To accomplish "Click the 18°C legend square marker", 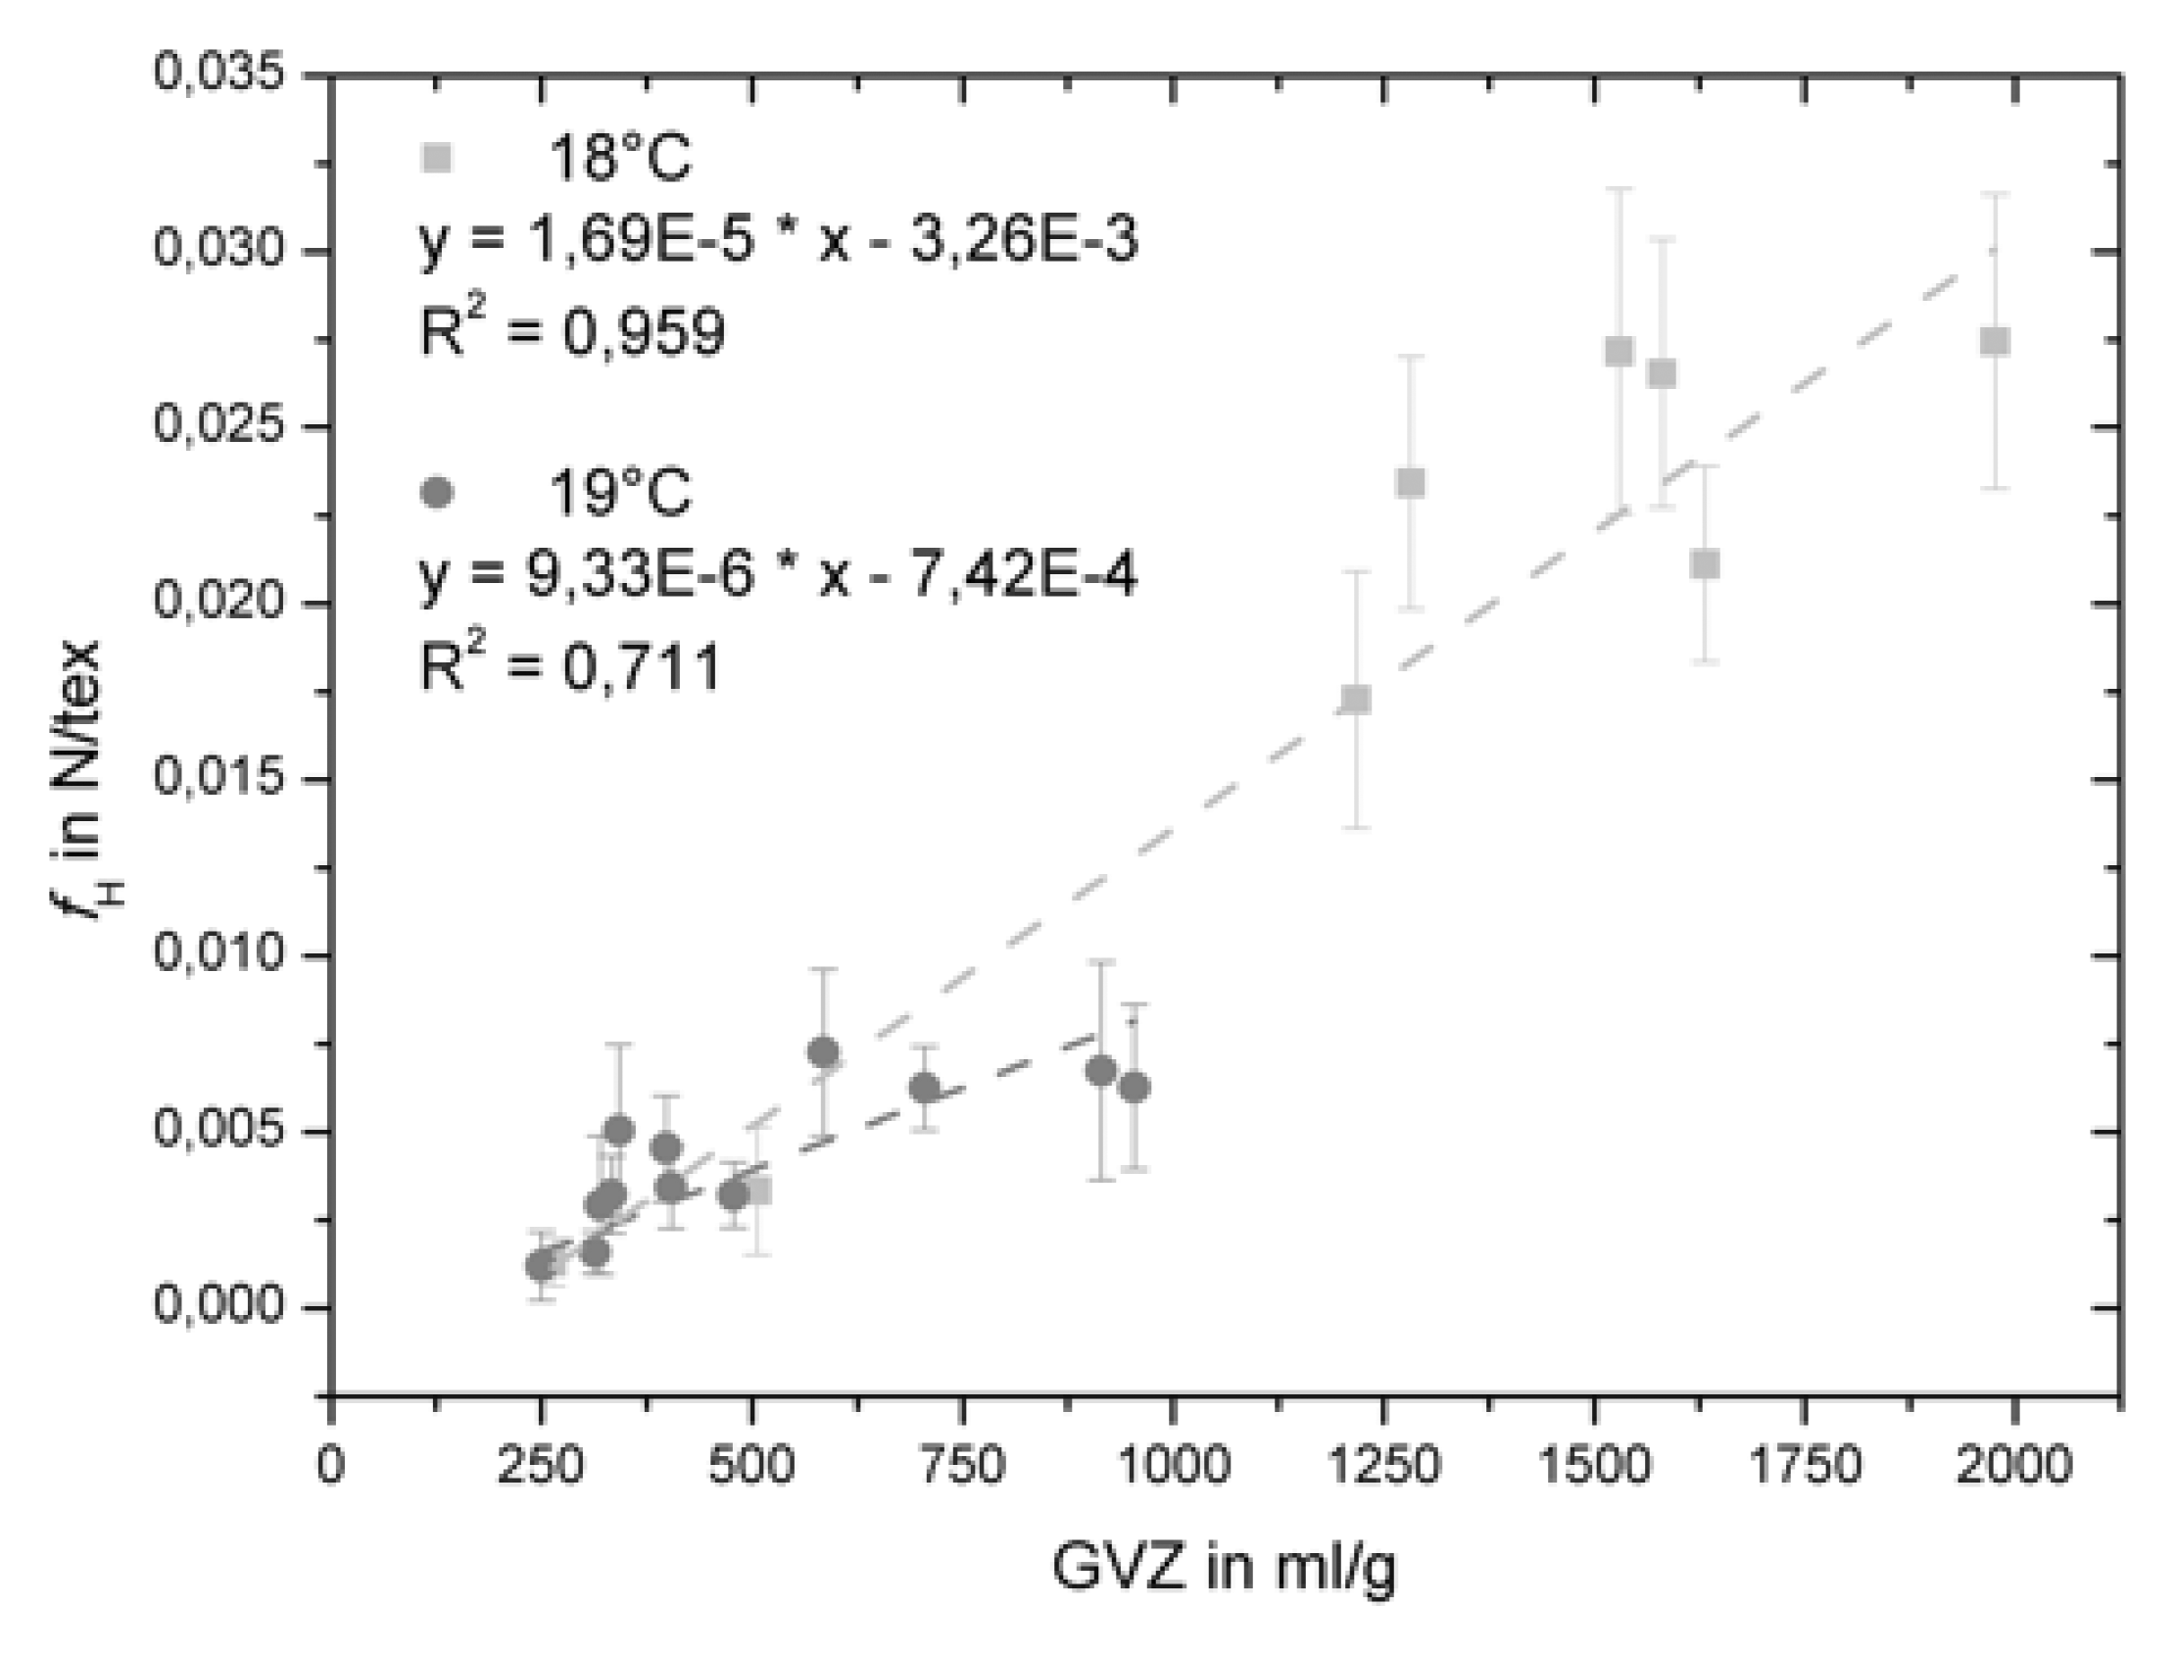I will point(436,158).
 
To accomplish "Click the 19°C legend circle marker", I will point(436,491).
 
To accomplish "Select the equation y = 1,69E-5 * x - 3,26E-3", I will point(778,240).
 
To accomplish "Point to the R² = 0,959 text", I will point(572,331).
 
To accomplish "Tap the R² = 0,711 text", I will point(570,667).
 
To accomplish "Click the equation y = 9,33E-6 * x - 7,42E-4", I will point(778,575).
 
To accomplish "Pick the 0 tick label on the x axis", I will point(331,1466).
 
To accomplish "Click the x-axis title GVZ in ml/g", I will point(1224,1569).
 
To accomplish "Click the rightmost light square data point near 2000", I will point(1995,341).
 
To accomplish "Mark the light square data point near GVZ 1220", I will point(1356,699).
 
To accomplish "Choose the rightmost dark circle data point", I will point(1135,1088).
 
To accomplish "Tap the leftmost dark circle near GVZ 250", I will point(540,1265).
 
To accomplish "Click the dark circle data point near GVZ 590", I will point(824,1052).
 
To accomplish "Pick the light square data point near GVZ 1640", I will point(1705,564).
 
